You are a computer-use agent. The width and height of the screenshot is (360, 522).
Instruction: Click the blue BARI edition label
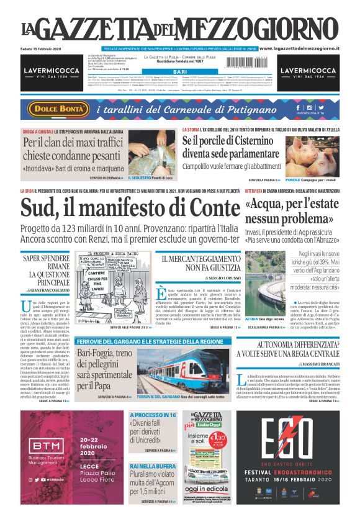point(180,72)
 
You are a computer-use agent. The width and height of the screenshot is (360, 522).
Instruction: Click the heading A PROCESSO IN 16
point(153,414)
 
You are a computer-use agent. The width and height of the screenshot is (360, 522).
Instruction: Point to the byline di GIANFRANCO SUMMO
point(42,290)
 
